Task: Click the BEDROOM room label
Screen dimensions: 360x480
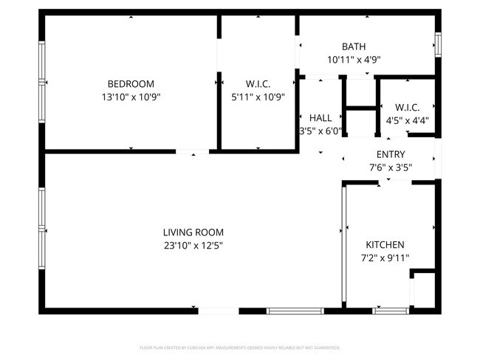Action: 131,83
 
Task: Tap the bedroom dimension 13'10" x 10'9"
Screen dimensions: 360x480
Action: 131,96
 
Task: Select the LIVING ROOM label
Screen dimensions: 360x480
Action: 193,232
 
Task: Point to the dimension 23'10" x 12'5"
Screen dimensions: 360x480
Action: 193,246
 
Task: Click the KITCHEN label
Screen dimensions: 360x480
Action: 385,245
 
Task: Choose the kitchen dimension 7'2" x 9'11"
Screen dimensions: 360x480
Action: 385,257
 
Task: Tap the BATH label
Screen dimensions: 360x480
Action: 353,46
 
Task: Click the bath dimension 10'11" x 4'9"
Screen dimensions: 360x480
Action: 353,60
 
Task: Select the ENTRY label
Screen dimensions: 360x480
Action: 391,154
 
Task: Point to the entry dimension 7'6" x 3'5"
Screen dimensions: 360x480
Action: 391,167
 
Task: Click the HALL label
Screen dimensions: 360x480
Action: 320,118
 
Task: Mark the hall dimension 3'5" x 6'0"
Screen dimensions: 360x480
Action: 320,131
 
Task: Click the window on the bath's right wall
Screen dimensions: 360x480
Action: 438,45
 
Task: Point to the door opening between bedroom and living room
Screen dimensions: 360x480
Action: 192,151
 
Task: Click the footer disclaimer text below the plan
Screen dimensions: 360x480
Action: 240,347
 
